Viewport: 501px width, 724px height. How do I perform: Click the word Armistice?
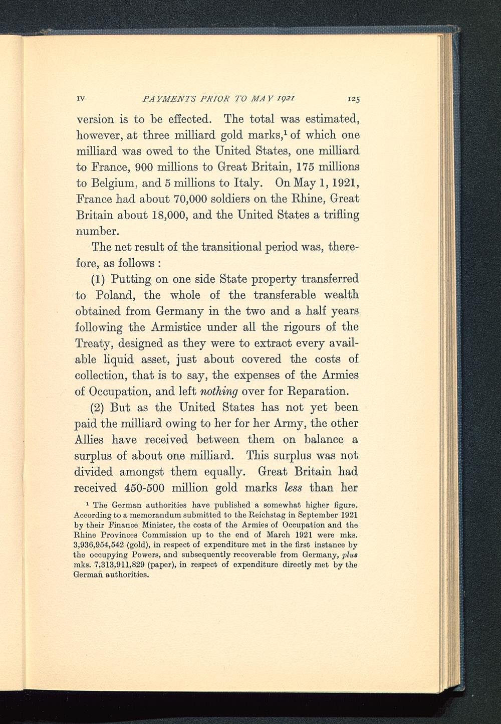click(x=180, y=327)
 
